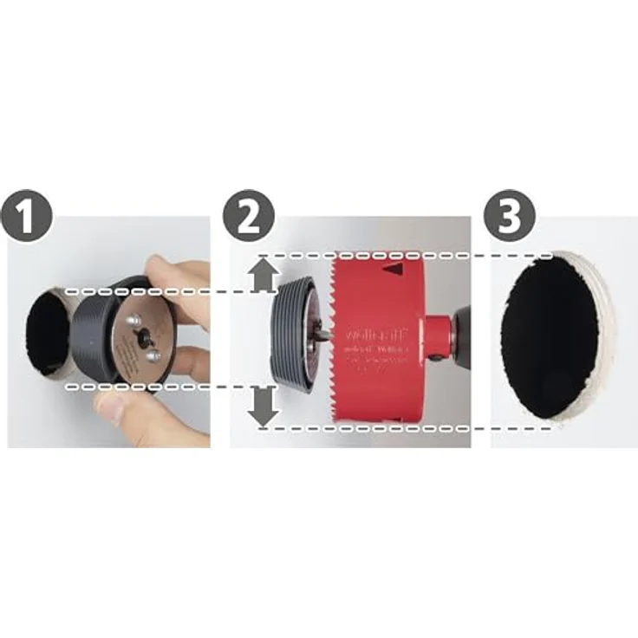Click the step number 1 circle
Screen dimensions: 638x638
pos(29,216)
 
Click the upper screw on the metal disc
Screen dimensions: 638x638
pos(133,322)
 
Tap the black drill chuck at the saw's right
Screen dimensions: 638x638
pos(463,334)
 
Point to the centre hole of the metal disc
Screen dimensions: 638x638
pos(142,339)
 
